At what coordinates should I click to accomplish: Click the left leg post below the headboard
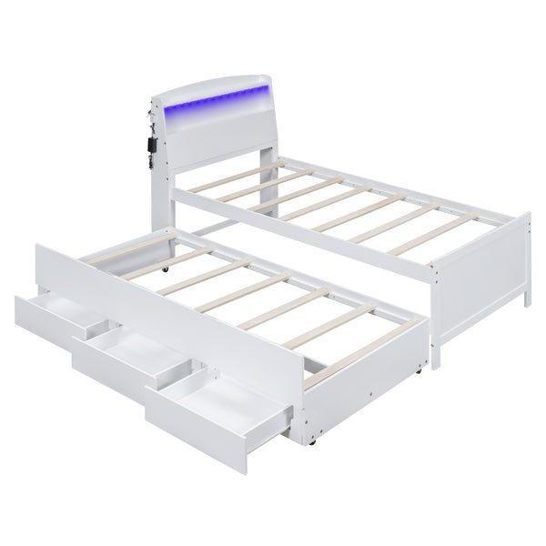click(156, 205)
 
